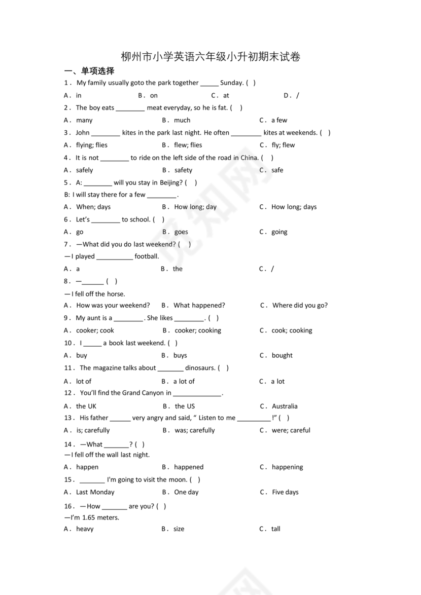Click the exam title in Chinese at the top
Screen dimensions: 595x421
tap(210, 57)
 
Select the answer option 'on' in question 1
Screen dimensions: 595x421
tap(154, 95)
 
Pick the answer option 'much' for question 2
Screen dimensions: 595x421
tap(182, 120)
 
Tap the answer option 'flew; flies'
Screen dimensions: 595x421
tap(188, 145)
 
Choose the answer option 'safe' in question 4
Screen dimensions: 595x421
tap(277, 170)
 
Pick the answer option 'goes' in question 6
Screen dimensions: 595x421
tap(181, 232)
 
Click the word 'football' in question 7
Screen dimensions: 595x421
tap(147, 256)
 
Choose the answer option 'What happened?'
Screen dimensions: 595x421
tap(199, 305)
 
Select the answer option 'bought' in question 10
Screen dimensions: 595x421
tap(282, 355)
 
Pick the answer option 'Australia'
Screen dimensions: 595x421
tap(285, 406)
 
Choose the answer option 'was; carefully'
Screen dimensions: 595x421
tap(194, 430)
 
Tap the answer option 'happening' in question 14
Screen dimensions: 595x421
tap(287, 467)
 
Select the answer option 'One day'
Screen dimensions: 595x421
tap(186, 492)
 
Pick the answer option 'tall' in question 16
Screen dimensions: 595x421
tap(275, 529)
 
